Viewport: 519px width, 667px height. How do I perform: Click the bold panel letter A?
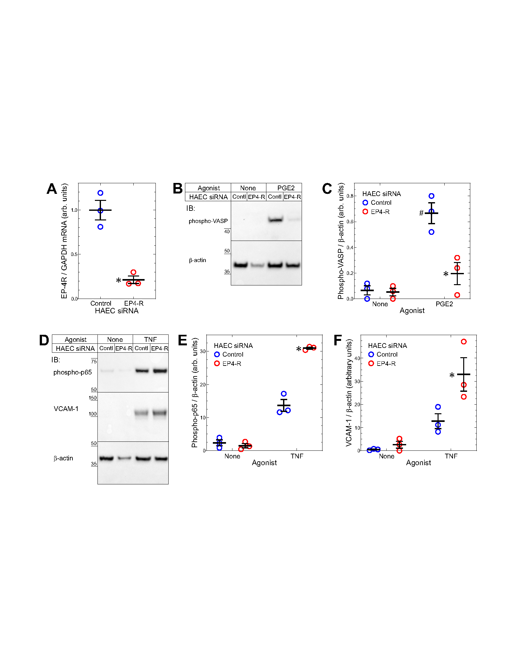click(x=52, y=189)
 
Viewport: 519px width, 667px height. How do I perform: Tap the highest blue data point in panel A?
click(x=100, y=193)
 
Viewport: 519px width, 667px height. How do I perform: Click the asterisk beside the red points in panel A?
click(x=119, y=280)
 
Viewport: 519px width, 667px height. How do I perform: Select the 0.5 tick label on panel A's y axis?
click(x=74, y=254)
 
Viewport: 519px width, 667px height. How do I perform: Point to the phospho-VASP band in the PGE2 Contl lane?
click(x=275, y=220)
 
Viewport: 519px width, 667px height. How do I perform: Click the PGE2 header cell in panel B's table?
click(x=285, y=188)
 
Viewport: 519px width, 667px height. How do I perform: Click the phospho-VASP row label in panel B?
click(x=208, y=221)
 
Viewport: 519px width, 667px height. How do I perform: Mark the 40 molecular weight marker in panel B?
click(x=227, y=231)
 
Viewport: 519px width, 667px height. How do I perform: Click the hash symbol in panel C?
click(x=421, y=213)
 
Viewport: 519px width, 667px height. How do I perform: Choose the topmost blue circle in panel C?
click(x=431, y=196)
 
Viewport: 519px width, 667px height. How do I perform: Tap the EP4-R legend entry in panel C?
click(x=380, y=212)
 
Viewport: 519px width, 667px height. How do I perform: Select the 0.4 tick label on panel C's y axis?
click(x=350, y=248)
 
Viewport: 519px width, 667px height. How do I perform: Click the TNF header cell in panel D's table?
click(x=150, y=340)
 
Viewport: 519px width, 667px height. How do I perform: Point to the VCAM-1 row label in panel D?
click(x=66, y=409)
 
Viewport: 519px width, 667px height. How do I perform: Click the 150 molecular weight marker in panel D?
click(x=93, y=398)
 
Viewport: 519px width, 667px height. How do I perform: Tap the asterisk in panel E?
click(x=299, y=349)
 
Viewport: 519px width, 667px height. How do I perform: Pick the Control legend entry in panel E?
click(x=233, y=354)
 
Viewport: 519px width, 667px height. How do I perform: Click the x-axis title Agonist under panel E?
click(x=264, y=463)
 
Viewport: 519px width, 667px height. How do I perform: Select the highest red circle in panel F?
click(x=464, y=342)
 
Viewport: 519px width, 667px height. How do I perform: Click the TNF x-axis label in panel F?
click(x=451, y=456)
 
